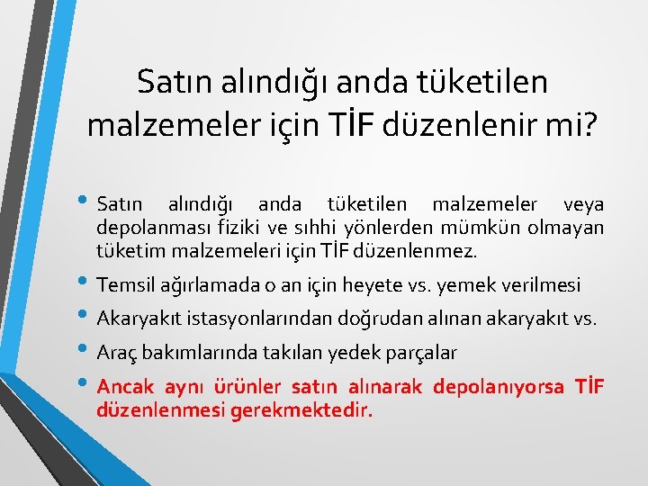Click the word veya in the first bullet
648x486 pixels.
tap(583, 205)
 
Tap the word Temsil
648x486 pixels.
tap(125, 286)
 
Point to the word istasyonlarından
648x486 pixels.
tap(256, 319)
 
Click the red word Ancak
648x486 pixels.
tap(125, 387)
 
